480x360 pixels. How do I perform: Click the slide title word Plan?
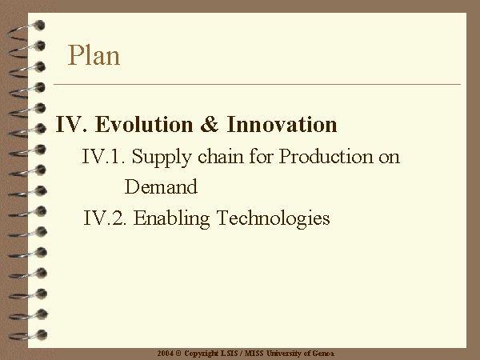(94, 55)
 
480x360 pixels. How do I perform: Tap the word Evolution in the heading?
(144, 124)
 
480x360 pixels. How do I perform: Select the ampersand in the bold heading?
(210, 124)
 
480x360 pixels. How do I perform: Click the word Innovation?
(282, 124)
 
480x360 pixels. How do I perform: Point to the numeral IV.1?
(103, 157)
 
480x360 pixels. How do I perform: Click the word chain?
(221, 156)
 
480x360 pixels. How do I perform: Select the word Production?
(326, 156)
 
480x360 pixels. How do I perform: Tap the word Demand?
(161, 186)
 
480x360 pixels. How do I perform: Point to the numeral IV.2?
(105, 218)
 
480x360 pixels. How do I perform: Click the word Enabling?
(172, 219)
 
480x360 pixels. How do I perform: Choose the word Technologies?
(274, 219)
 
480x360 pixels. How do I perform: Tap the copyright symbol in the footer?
(178, 354)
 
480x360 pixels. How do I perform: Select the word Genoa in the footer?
(323, 354)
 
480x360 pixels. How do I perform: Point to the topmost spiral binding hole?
(39, 25)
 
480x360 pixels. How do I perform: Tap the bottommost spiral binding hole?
(42, 334)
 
